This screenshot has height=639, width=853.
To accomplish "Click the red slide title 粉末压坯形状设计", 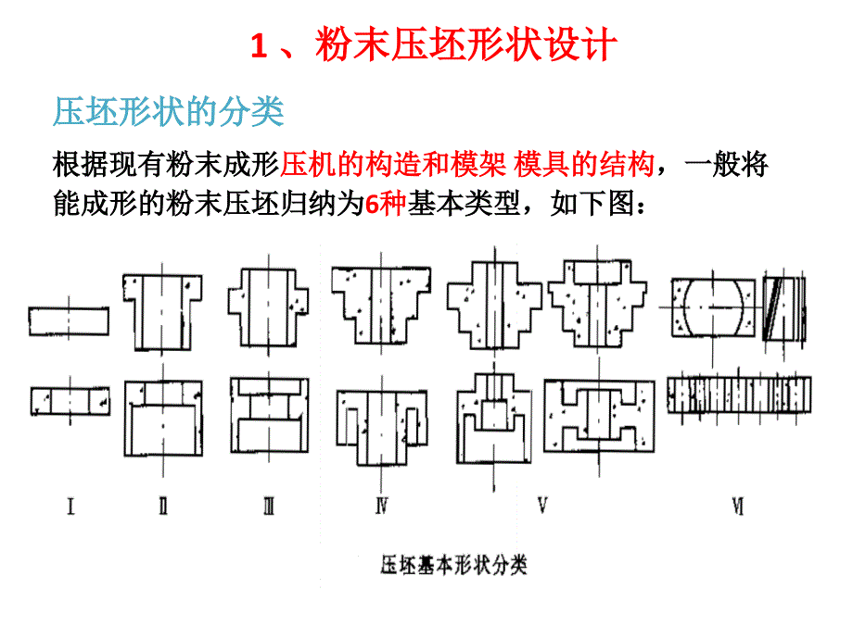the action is [x=466, y=44].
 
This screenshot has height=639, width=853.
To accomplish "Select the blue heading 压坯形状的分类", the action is [x=169, y=111].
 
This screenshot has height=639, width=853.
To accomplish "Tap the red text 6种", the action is [x=386, y=205].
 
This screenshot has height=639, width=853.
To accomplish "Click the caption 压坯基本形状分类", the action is [x=453, y=565].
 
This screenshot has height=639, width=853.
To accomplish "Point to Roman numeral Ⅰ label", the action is [x=70, y=507].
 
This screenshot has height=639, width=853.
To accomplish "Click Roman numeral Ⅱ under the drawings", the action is [x=163, y=507].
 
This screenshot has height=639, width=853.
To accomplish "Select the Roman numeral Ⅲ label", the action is [x=269, y=507].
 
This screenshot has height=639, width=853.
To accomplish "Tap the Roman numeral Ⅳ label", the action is [x=382, y=507].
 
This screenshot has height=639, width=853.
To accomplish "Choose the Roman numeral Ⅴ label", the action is [x=542, y=506].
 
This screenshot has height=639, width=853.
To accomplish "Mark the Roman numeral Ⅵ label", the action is [x=738, y=507].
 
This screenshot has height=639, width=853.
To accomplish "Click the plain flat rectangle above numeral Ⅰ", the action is [x=69, y=321].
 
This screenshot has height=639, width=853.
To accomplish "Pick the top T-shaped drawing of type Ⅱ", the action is [x=162, y=312].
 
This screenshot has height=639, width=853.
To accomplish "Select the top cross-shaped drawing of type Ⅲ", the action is [x=268, y=307].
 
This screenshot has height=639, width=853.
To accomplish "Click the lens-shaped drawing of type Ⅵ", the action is [x=713, y=307].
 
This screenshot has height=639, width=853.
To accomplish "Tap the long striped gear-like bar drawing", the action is [x=739, y=395].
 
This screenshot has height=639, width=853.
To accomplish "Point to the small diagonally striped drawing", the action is [x=783, y=308].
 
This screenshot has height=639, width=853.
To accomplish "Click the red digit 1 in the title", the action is [x=259, y=45].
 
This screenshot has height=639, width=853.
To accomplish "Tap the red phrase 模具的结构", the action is [x=584, y=164].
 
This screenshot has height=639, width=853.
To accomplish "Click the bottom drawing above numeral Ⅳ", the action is [x=381, y=428].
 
